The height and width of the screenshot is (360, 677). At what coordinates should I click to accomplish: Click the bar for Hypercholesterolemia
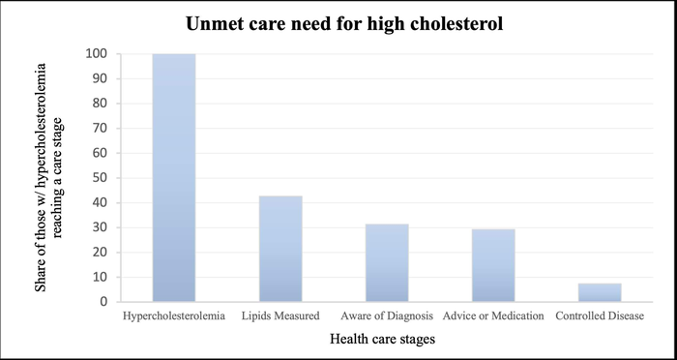[x=174, y=178]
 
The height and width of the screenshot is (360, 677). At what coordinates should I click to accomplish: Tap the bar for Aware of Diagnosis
[x=387, y=262]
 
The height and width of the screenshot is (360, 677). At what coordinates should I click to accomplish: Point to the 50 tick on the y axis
[x=100, y=178]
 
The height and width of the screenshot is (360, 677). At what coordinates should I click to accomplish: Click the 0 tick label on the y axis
[x=103, y=302]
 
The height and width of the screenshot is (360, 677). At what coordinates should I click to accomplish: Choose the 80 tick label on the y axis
[x=100, y=104]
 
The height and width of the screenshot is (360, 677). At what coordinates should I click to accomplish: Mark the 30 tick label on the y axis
[x=100, y=227]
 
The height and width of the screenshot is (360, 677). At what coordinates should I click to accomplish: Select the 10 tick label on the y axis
[x=100, y=277]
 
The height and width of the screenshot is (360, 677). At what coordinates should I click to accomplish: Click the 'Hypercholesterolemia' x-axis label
[x=174, y=315]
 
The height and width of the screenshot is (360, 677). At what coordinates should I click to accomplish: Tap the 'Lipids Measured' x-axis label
[x=280, y=315]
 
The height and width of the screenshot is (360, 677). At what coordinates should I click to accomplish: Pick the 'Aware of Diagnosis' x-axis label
[x=387, y=315]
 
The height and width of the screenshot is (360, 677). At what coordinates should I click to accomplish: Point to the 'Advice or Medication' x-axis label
[x=493, y=315]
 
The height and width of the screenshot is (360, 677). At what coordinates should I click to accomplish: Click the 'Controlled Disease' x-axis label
[x=600, y=315]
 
